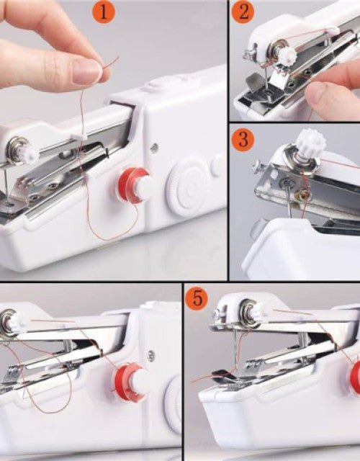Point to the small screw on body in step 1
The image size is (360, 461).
click(153, 148)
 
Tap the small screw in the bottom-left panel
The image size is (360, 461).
click(150, 355)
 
